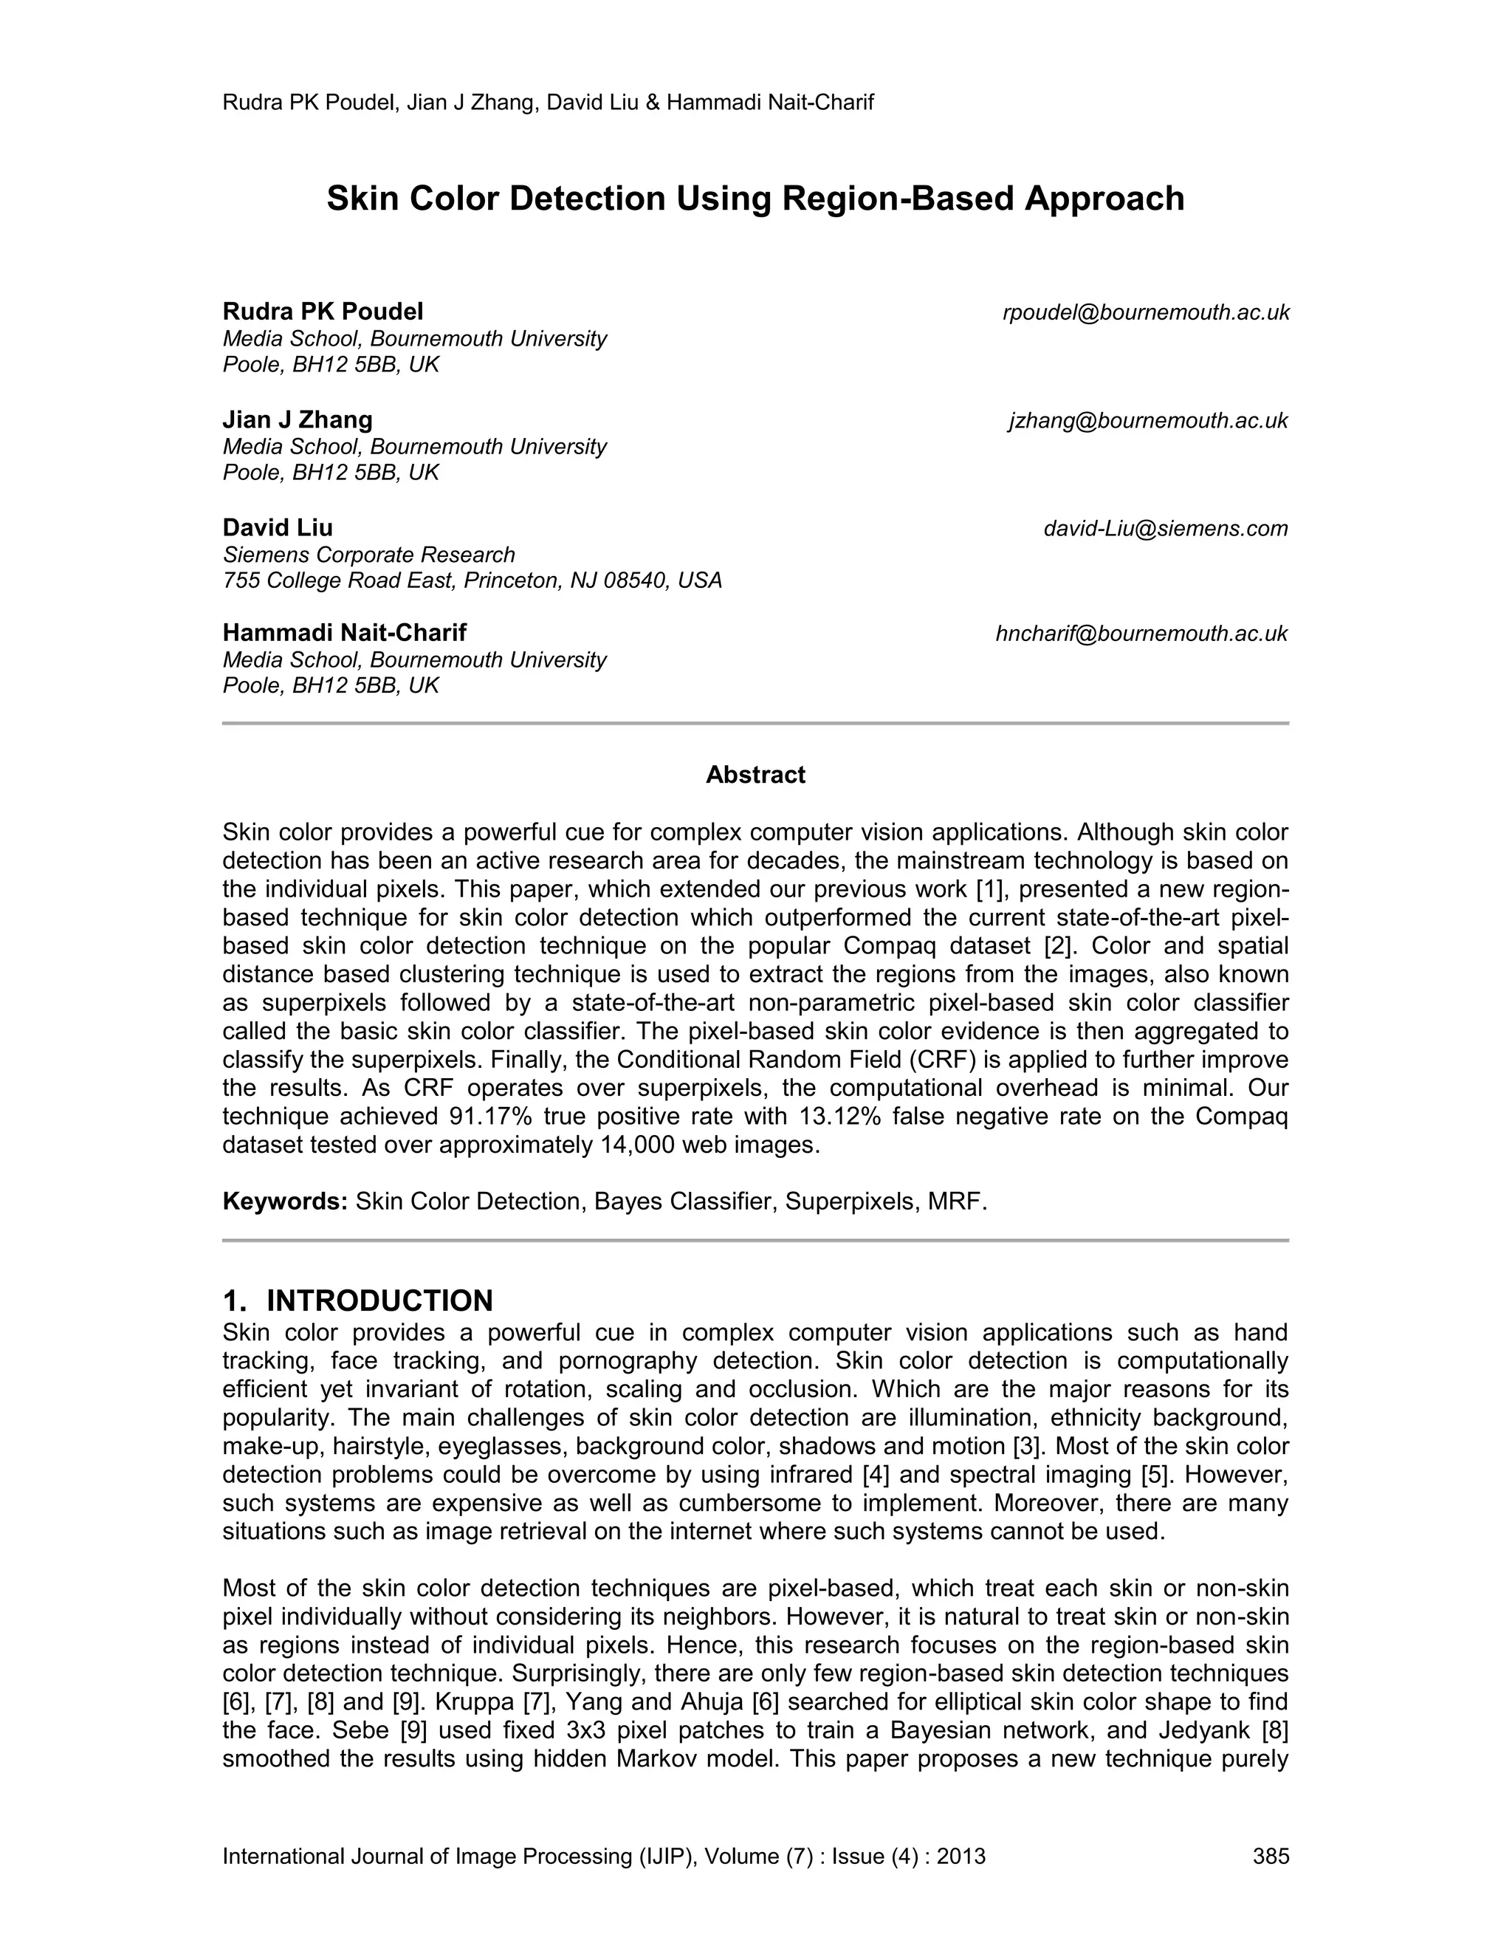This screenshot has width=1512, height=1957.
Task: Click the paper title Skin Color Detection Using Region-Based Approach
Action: point(755,198)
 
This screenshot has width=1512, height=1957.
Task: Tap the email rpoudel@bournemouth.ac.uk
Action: point(1146,312)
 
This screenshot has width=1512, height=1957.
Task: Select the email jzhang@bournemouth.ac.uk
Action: point(1148,420)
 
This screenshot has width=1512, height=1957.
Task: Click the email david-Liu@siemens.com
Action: point(1165,529)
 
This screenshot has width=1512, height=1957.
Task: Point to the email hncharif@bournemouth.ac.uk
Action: point(1141,634)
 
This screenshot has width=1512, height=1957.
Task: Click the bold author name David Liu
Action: point(278,528)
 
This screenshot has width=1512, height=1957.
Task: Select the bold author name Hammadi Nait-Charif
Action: point(344,633)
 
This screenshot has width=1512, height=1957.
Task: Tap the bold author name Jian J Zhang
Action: point(298,419)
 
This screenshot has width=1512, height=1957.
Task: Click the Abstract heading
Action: point(755,775)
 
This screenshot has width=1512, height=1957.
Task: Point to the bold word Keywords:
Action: point(285,1202)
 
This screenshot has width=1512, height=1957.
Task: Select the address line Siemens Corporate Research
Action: point(369,555)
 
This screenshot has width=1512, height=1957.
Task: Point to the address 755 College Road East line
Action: point(472,580)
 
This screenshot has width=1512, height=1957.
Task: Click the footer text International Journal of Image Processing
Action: point(457,1856)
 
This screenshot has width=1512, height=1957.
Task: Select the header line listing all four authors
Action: point(547,102)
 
